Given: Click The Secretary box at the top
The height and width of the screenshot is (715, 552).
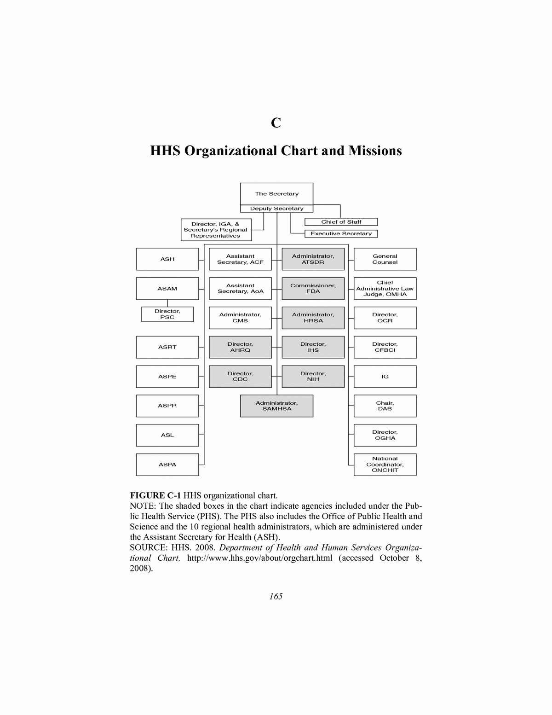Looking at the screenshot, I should click(x=276, y=194).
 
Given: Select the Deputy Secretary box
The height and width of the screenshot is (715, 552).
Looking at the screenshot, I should click(x=276, y=209).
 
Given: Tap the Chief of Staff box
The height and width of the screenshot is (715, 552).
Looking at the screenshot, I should click(x=341, y=222).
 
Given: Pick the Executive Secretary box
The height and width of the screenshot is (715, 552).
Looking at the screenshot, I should click(x=341, y=234).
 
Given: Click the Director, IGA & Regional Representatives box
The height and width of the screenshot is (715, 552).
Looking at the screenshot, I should click(x=216, y=230).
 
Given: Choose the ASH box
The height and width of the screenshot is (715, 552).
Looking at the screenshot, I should click(x=167, y=259).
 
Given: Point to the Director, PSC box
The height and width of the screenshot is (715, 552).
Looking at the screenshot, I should click(x=167, y=314).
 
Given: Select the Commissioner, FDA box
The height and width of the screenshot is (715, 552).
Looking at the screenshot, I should click(x=313, y=289).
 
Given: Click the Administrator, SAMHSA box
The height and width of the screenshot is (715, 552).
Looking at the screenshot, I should click(x=276, y=406).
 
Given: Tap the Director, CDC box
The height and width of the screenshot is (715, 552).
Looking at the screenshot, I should click(x=240, y=377).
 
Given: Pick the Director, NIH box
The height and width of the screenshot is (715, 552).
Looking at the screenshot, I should click(x=313, y=377).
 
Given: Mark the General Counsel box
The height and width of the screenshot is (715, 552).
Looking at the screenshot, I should click(x=385, y=259).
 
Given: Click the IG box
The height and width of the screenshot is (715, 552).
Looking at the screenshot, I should click(x=385, y=377).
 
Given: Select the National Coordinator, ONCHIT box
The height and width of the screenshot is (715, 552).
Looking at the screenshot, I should click(x=385, y=465).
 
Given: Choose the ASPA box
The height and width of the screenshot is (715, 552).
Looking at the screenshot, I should click(x=167, y=465).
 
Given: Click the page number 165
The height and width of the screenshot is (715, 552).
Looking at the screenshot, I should click(x=276, y=597).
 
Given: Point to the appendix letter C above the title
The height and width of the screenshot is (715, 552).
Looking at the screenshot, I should click(x=276, y=123).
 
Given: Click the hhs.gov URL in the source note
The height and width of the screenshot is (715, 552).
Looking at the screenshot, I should click(x=259, y=558).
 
